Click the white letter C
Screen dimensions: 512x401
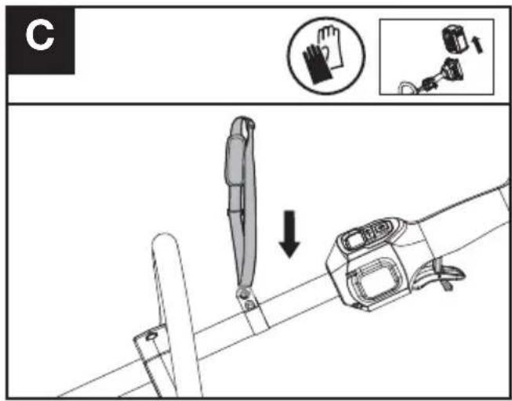[40, 36]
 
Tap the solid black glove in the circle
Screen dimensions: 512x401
[316, 64]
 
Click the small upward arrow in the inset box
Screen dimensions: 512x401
[477, 45]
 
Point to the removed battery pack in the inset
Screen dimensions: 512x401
[455, 40]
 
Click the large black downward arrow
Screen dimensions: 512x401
[289, 234]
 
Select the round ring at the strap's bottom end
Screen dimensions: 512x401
[242, 292]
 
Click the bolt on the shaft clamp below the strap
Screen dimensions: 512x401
[249, 305]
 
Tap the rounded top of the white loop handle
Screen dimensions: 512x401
[165, 240]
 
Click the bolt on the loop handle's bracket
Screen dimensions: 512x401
[151, 336]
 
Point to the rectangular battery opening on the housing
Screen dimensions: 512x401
[376, 279]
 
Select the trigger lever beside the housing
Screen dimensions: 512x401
[448, 275]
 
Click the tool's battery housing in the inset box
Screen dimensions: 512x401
[453, 69]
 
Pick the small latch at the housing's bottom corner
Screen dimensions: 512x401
[358, 305]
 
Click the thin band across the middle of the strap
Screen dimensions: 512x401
[236, 212]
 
